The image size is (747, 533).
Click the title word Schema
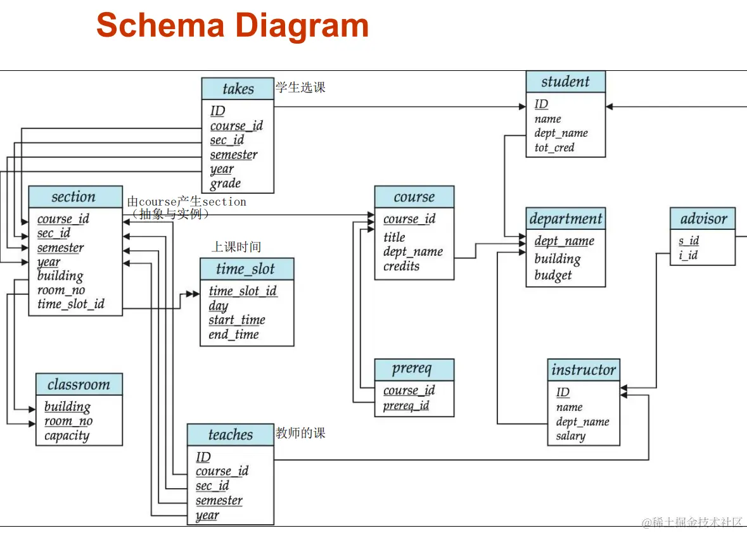pos(160,25)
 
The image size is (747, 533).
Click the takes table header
pos(238,89)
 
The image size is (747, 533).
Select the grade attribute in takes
pos(226,184)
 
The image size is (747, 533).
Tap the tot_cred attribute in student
pos(554,147)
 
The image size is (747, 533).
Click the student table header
pos(565,82)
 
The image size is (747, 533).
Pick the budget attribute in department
pos(553,275)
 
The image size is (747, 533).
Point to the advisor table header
pos(703,219)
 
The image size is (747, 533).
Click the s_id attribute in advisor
pos(689,241)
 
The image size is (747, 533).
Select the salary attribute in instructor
pos(571,436)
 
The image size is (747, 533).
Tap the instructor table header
pos(583,370)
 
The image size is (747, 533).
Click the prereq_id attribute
pos(406,405)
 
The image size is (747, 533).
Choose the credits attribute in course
pos(401,266)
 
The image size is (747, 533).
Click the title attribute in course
pos(394,237)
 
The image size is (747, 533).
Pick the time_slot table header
pos(246,269)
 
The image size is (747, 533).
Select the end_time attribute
pos(234,334)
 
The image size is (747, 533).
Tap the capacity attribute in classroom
pos(67,436)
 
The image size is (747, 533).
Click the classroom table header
pos(79,384)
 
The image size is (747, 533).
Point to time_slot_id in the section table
pos(71,304)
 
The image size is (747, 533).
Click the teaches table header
pos(230,435)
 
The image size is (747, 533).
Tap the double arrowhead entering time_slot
pos(191,294)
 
